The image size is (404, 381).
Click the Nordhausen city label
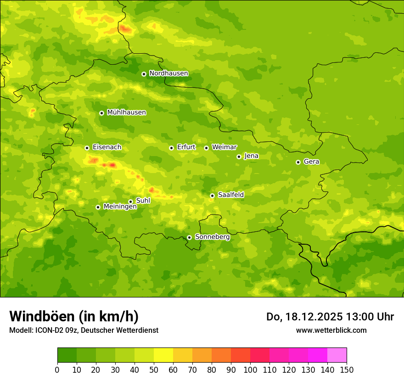pos(168,73)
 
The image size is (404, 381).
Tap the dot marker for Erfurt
pos(171,148)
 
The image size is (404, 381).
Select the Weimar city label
pos(224,147)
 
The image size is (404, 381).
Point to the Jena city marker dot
pos(239,157)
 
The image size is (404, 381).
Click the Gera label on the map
pos(311,162)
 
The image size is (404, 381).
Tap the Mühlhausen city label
pos(126,112)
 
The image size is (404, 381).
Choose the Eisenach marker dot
pos(87,148)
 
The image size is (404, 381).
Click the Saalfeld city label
pos(231,195)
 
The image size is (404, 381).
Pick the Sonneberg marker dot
pos(189,237)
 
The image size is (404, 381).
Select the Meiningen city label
pos(120,207)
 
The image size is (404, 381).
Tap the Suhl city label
pos(143,201)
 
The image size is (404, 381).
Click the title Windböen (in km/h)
pos(74,316)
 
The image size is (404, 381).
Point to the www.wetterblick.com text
pos(331,330)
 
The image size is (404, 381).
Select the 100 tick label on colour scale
pos(250,370)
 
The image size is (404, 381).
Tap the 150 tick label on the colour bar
pos(347,370)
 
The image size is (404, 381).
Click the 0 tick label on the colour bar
pos(57,370)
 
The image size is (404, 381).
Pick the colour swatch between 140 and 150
pos(337,355)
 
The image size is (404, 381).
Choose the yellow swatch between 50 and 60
pos(163,355)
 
